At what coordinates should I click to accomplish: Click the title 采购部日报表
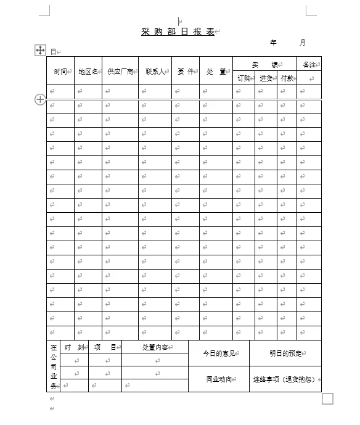[x=178, y=32]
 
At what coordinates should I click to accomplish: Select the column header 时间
[x=60, y=72]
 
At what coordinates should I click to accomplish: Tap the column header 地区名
[x=88, y=72]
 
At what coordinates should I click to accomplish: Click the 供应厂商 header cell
[x=120, y=72]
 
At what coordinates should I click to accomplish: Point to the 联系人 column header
[x=154, y=72]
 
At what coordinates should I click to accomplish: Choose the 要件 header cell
[x=185, y=72]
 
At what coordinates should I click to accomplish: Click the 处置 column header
[x=216, y=72]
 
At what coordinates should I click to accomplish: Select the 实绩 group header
[x=264, y=65]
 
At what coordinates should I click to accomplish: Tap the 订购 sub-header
[x=243, y=78]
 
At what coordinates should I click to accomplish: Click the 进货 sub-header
[x=266, y=78]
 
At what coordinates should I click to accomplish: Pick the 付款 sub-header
[x=287, y=78]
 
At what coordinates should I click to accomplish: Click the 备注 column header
[x=309, y=65]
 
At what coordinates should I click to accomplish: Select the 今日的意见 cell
[x=218, y=353]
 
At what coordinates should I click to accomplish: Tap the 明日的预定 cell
[x=285, y=353]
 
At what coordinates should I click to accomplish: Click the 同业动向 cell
[x=218, y=379]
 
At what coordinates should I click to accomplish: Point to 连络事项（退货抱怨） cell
[x=285, y=379]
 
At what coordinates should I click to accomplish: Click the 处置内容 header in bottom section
[x=154, y=347]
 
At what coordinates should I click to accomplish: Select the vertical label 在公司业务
[x=54, y=367]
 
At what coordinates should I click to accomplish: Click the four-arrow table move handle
[x=40, y=50]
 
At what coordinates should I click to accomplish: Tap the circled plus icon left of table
[x=40, y=99]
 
